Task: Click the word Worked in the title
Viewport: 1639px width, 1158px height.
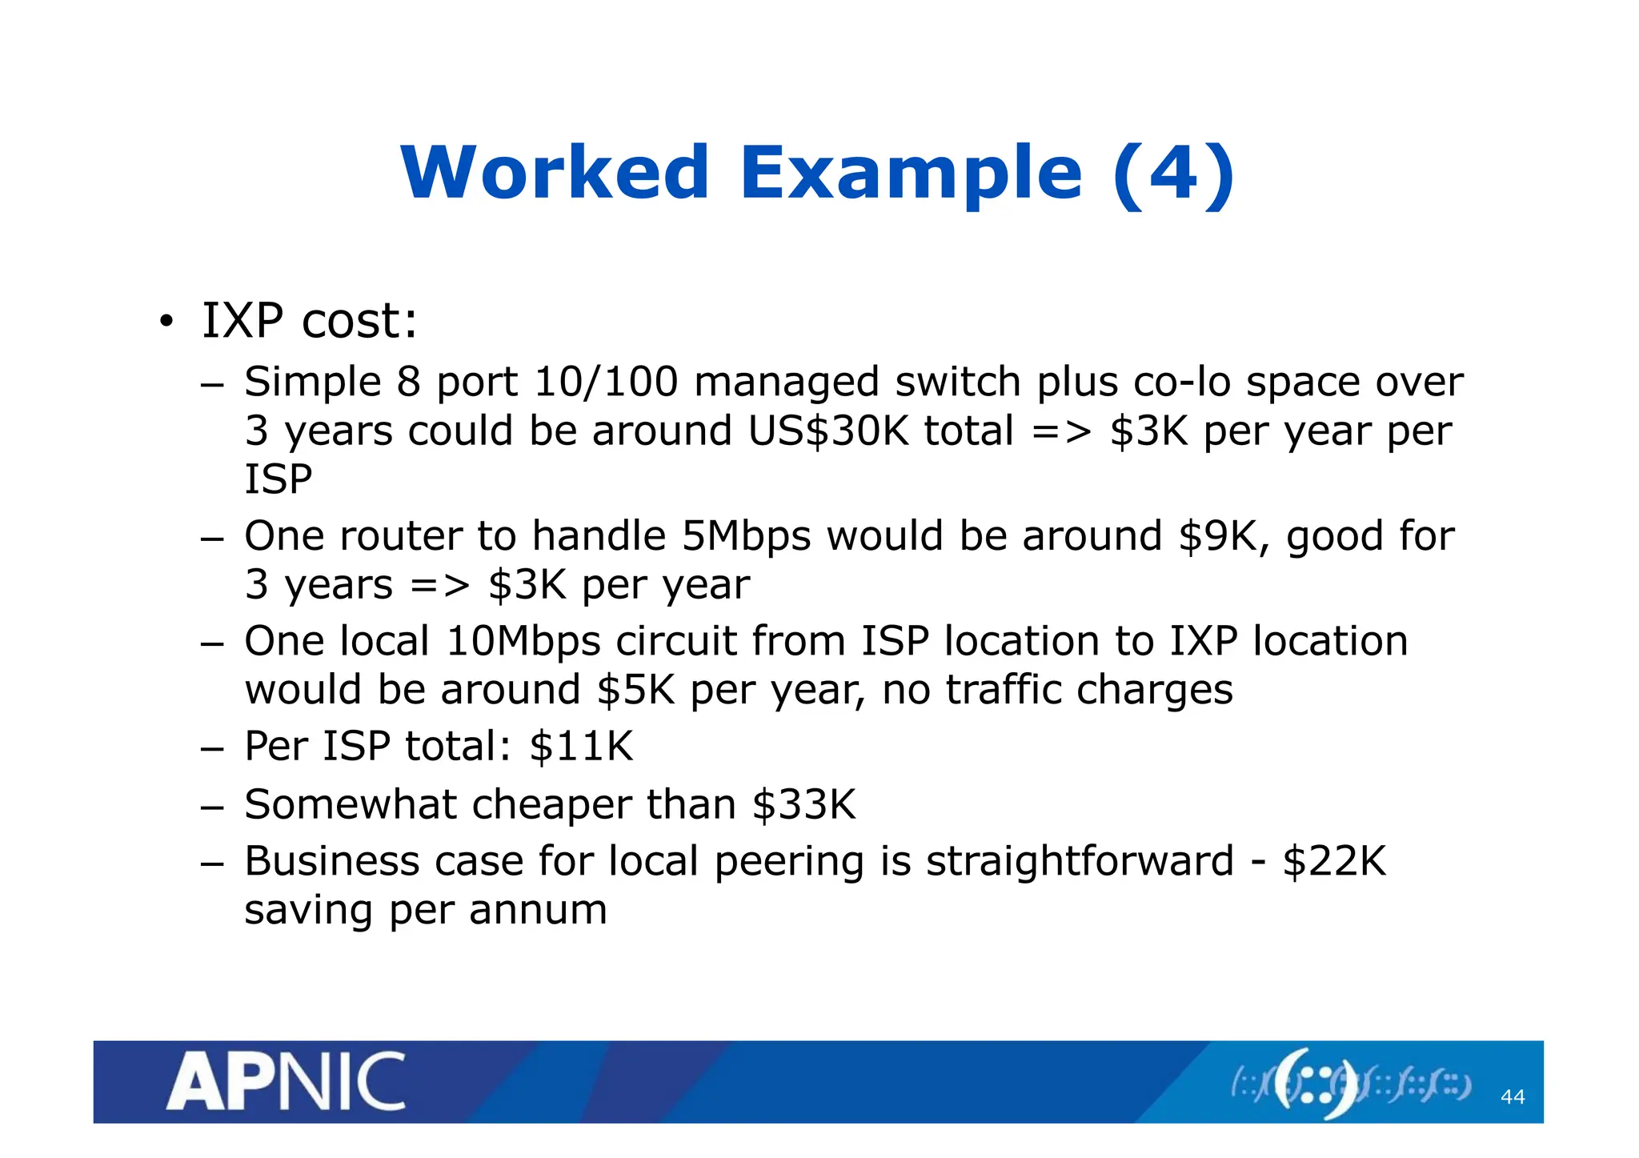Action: pyautogui.click(x=555, y=173)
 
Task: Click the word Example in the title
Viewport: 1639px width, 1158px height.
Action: pyautogui.click(x=911, y=174)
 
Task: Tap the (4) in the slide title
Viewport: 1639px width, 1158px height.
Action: pyautogui.click(x=1174, y=173)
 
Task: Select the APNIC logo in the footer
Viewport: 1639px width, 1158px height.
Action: pyautogui.click(x=286, y=1082)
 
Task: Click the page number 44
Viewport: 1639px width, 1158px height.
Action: pyautogui.click(x=1512, y=1096)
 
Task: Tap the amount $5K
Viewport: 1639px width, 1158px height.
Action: pyautogui.click(x=636, y=690)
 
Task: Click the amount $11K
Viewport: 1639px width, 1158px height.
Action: pyautogui.click(x=581, y=747)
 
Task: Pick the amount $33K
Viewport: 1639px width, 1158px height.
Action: pyautogui.click(x=804, y=804)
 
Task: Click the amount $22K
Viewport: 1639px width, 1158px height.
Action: pyautogui.click(x=1334, y=862)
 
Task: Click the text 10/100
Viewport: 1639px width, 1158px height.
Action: pyautogui.click(x=606, y=382)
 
